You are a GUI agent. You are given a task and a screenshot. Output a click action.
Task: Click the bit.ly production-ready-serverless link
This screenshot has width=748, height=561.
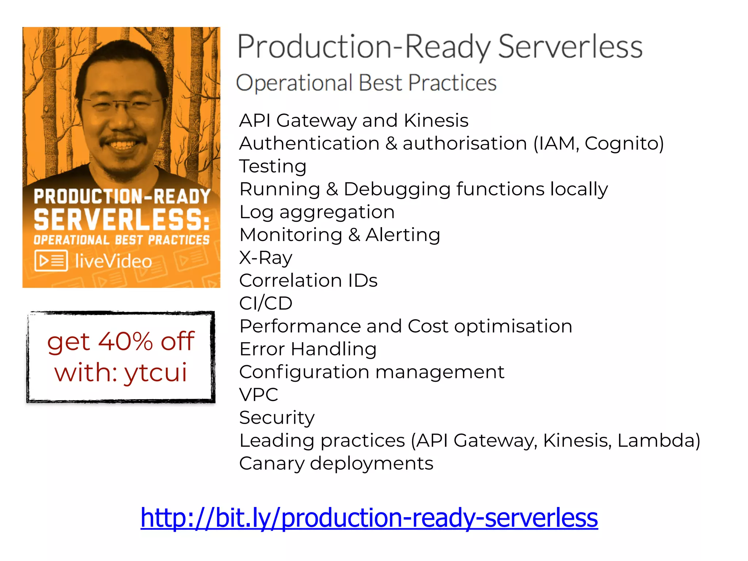pos(369,518)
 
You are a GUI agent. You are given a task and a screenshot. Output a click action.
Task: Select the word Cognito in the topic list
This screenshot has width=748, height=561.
pos(623,144)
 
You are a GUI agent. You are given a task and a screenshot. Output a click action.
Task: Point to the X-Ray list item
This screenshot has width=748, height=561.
pos(266,258)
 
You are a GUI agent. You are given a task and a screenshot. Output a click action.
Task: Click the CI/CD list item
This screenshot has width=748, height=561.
pos(266,303)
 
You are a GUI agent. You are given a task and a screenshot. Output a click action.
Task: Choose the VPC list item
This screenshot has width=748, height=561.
pos(259,395)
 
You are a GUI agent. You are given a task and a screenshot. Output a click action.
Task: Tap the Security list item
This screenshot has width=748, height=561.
pos(276,418)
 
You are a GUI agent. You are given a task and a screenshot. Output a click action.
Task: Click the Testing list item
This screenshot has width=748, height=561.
pos(272,167)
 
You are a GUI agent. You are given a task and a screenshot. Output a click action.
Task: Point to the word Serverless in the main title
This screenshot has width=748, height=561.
pos(570,47)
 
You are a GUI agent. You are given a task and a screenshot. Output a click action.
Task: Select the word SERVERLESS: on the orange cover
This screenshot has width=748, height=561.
pos(122,220)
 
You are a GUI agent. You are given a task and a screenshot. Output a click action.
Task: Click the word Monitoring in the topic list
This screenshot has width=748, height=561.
pos(291,235)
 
